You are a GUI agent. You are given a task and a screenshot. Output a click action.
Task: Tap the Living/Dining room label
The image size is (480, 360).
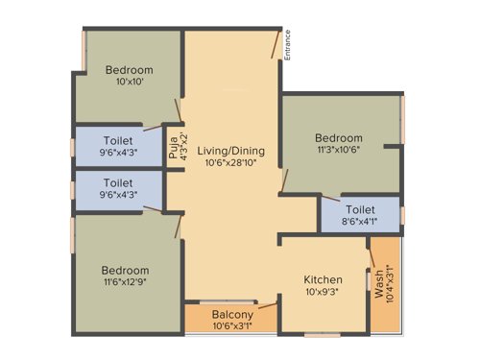230,151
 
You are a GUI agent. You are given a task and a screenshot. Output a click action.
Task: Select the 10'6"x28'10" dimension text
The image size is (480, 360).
230,163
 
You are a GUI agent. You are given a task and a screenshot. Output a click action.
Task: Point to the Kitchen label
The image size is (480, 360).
323,279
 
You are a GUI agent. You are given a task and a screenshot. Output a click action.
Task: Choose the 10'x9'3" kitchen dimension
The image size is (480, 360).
323,292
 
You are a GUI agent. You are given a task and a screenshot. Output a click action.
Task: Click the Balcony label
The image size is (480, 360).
233,314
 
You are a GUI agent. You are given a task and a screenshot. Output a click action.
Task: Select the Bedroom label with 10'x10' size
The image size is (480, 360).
129,70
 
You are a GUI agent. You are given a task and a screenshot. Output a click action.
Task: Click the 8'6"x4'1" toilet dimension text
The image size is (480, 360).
360,220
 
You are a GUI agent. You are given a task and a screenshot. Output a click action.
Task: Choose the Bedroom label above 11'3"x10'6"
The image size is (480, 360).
341,137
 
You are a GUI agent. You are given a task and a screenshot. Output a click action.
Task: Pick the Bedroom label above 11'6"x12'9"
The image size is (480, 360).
127,271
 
